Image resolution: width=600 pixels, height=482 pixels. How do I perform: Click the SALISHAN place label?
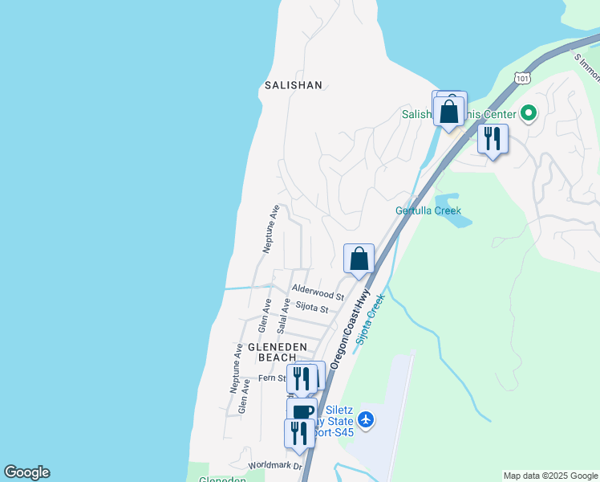(x=293, y=84)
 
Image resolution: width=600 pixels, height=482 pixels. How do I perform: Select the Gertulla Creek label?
(x=428, y=211)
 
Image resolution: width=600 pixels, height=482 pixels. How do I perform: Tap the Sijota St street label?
(x=311, y=307)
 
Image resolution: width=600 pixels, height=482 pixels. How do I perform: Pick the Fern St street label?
(x=272, y=378)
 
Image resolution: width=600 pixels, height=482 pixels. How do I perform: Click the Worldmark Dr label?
(x=275, y=466)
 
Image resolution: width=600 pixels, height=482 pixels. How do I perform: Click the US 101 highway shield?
(x=523, y=78)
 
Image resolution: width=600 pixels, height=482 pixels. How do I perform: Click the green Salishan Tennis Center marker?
(x=528, y=113)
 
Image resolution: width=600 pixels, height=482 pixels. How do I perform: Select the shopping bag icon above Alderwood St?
(x=359, y=259)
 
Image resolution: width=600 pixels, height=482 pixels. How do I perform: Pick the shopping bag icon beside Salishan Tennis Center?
(x=449, y=111)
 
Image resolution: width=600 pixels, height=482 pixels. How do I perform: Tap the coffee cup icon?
(x=302, y=412)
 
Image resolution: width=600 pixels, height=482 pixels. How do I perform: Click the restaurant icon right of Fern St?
(x=301, y=378)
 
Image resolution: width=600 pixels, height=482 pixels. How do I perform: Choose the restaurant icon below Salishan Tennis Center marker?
(x=493, y=138)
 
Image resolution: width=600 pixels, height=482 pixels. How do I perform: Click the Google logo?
(x=26, y=472)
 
